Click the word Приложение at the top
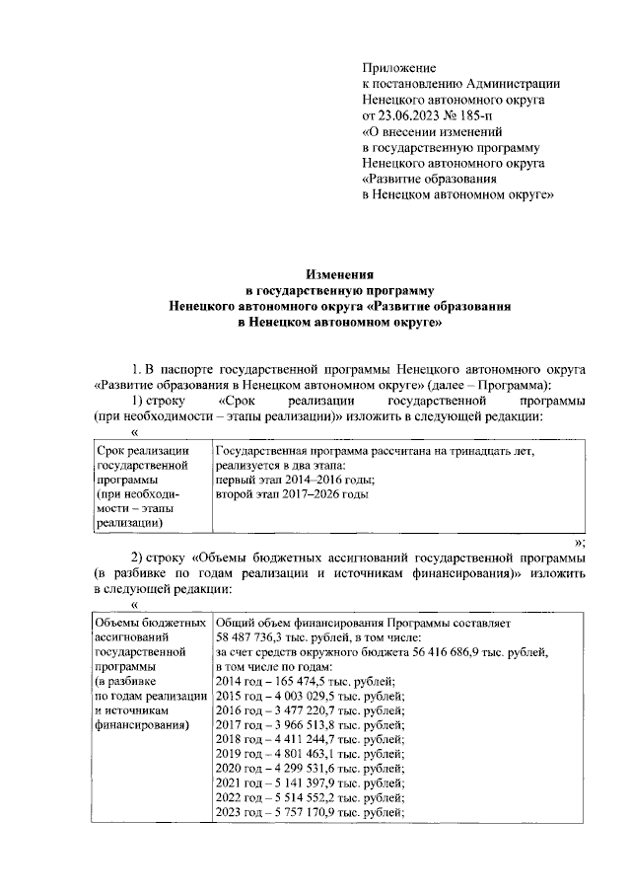click(399, 68)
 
